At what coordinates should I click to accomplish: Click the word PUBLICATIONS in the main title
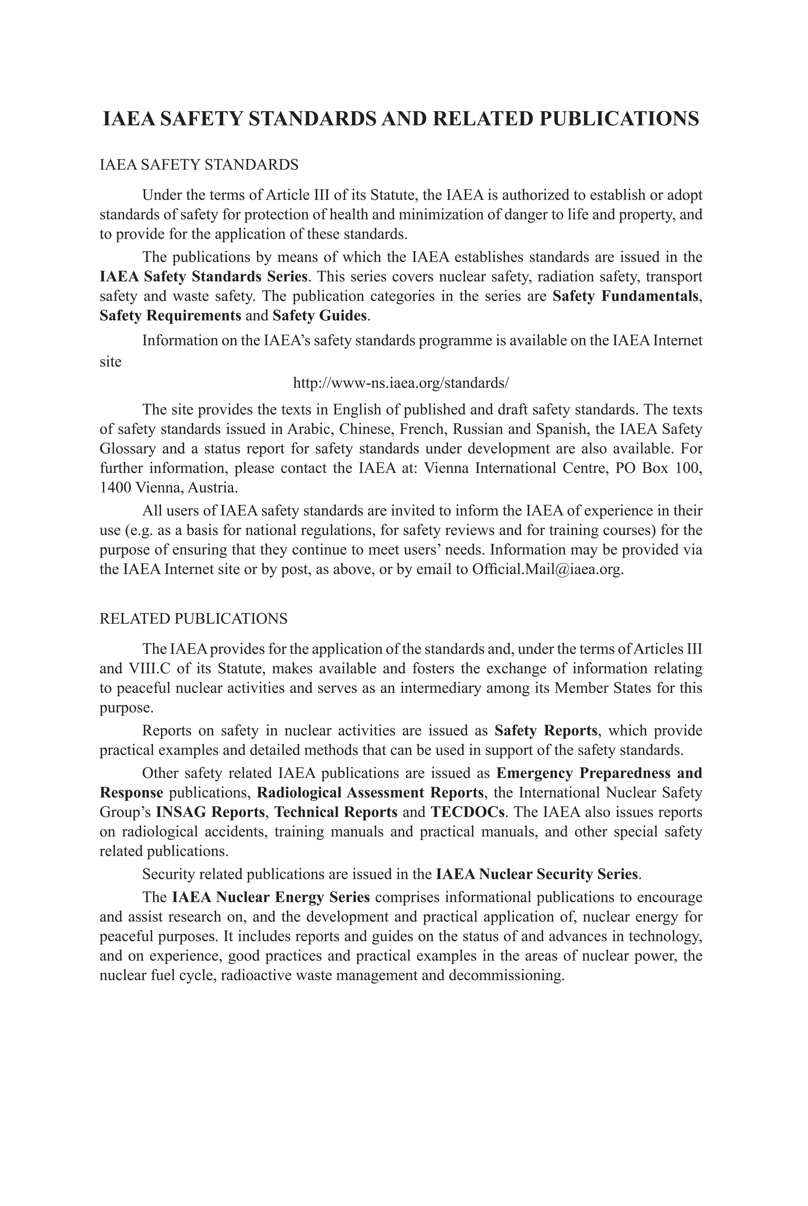click(x=619, y=119)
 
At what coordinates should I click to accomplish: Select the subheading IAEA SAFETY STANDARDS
click(x=199, y=165)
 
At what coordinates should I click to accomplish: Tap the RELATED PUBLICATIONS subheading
click(x=193, y=618)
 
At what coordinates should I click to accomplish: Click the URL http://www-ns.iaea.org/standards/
click(x=401, y=383)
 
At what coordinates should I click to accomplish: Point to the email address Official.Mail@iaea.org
click(x=547, y=569)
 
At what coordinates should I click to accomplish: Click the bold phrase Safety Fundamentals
click(x=625, y=296)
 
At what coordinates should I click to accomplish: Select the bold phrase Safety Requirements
click(x=170, y=315)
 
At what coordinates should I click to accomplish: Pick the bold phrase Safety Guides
click(x=320, y=315)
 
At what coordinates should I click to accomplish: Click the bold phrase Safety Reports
click(x=546, y=731)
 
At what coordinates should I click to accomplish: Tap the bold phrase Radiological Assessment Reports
click(x=370, y=792)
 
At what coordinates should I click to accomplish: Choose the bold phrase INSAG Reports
click(x=210, y=812)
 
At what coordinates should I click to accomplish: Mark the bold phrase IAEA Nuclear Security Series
click(x=537, y=874)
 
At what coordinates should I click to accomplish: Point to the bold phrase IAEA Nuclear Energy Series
click(x=271, y=897)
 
